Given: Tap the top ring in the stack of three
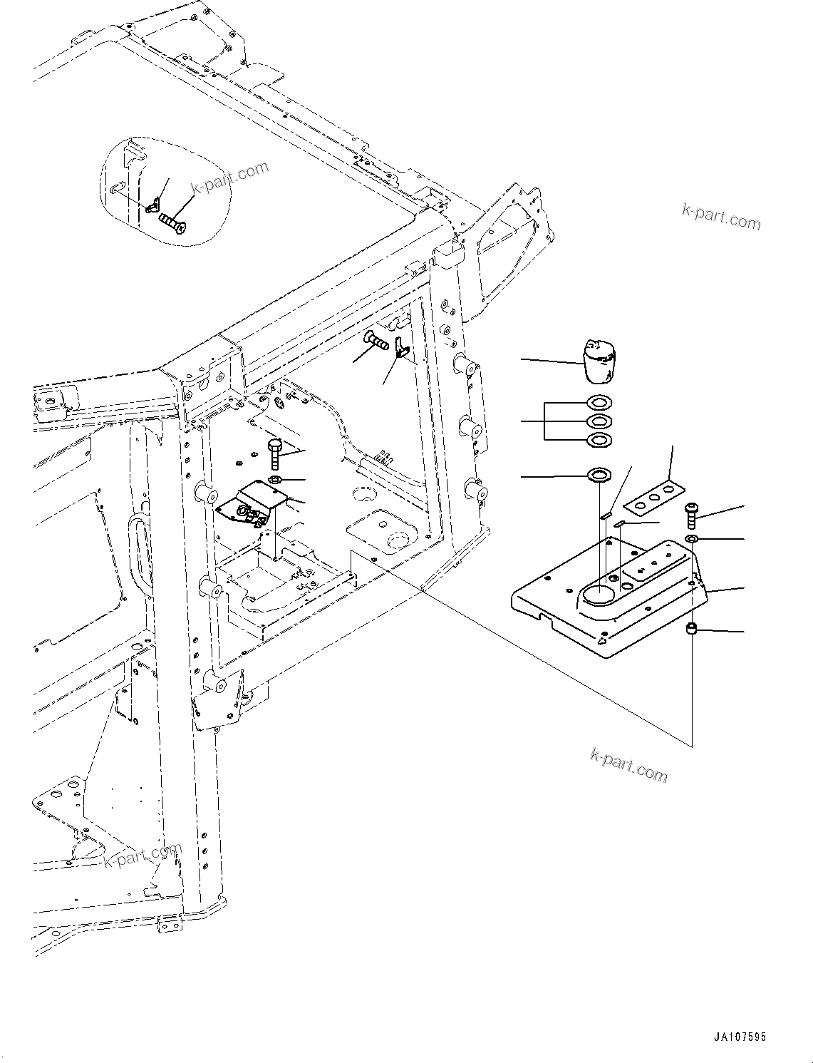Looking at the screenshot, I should click(599, 403).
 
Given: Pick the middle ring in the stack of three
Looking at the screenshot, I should click(599, 421).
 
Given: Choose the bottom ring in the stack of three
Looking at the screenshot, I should click(599, 440).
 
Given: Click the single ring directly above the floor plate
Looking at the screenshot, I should click(599, 475).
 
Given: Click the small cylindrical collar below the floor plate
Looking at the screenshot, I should click(691, 629).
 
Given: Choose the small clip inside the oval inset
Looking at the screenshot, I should click(152, 208).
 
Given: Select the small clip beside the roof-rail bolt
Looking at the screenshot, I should click(401, 349).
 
